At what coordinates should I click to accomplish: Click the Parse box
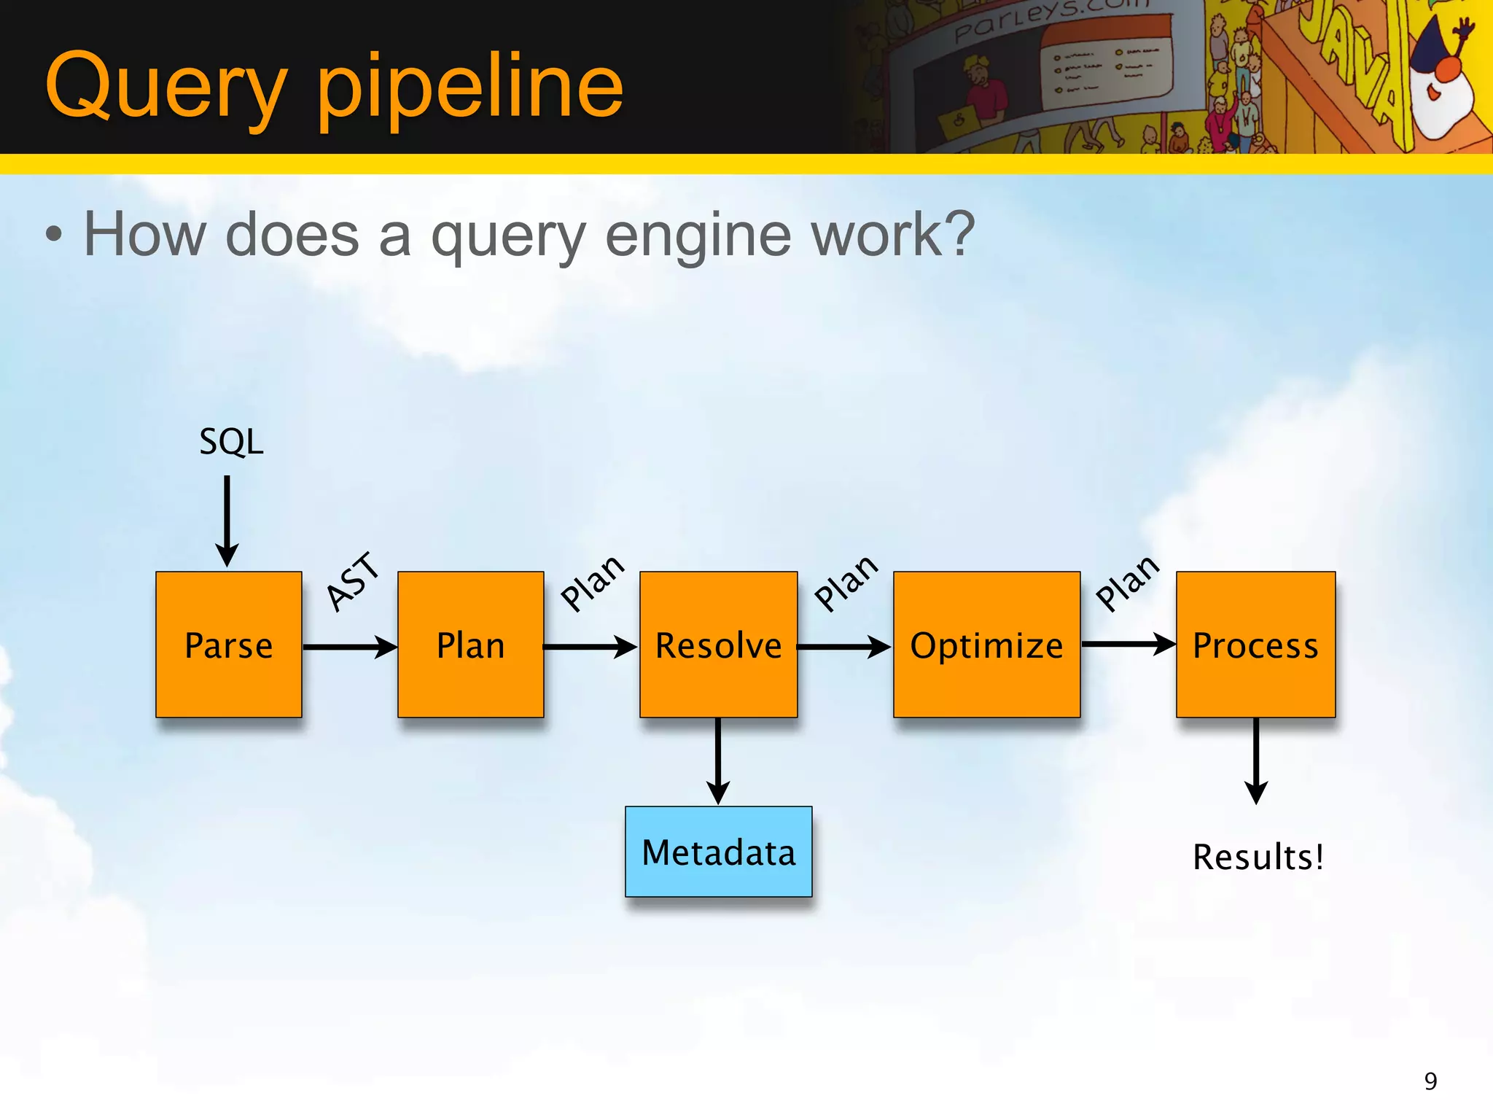[x=228, y=645]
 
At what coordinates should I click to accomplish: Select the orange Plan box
[x=470, y=645]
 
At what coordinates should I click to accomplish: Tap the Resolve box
[x=718, y=645]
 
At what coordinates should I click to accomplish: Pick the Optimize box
[x=986, y=645]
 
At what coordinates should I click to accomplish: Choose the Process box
[x=1255, y=645]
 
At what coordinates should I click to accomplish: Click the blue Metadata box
[x=718, y=852]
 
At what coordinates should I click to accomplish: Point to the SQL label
[x=231, y=442]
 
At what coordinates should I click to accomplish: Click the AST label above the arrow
[x=353, y=581]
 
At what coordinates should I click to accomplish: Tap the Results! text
[x=1258, y=857]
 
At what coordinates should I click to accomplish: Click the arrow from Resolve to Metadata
[x=718, y=761]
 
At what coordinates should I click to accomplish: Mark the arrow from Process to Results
[x=1255, y=761]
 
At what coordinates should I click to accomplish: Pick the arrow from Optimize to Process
[x=1127, y=645]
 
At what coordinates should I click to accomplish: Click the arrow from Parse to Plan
[x=349, y=647]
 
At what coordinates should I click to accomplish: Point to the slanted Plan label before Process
[x=1127, y=583]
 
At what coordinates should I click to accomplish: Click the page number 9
[x=1430, y=1081]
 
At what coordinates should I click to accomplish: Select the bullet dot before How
[x=54, y=236]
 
